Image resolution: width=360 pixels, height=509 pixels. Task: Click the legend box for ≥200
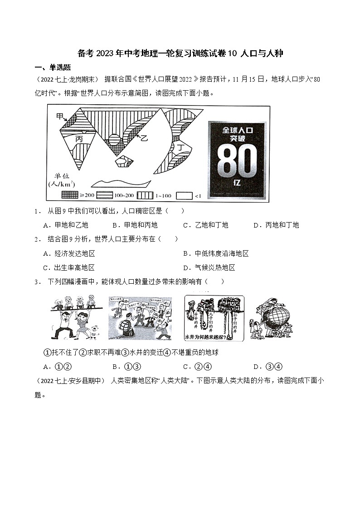pos(69,195)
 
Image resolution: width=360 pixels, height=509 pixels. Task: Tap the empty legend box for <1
pos(184,195)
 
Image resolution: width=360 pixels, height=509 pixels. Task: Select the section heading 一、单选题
pos(53,68)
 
